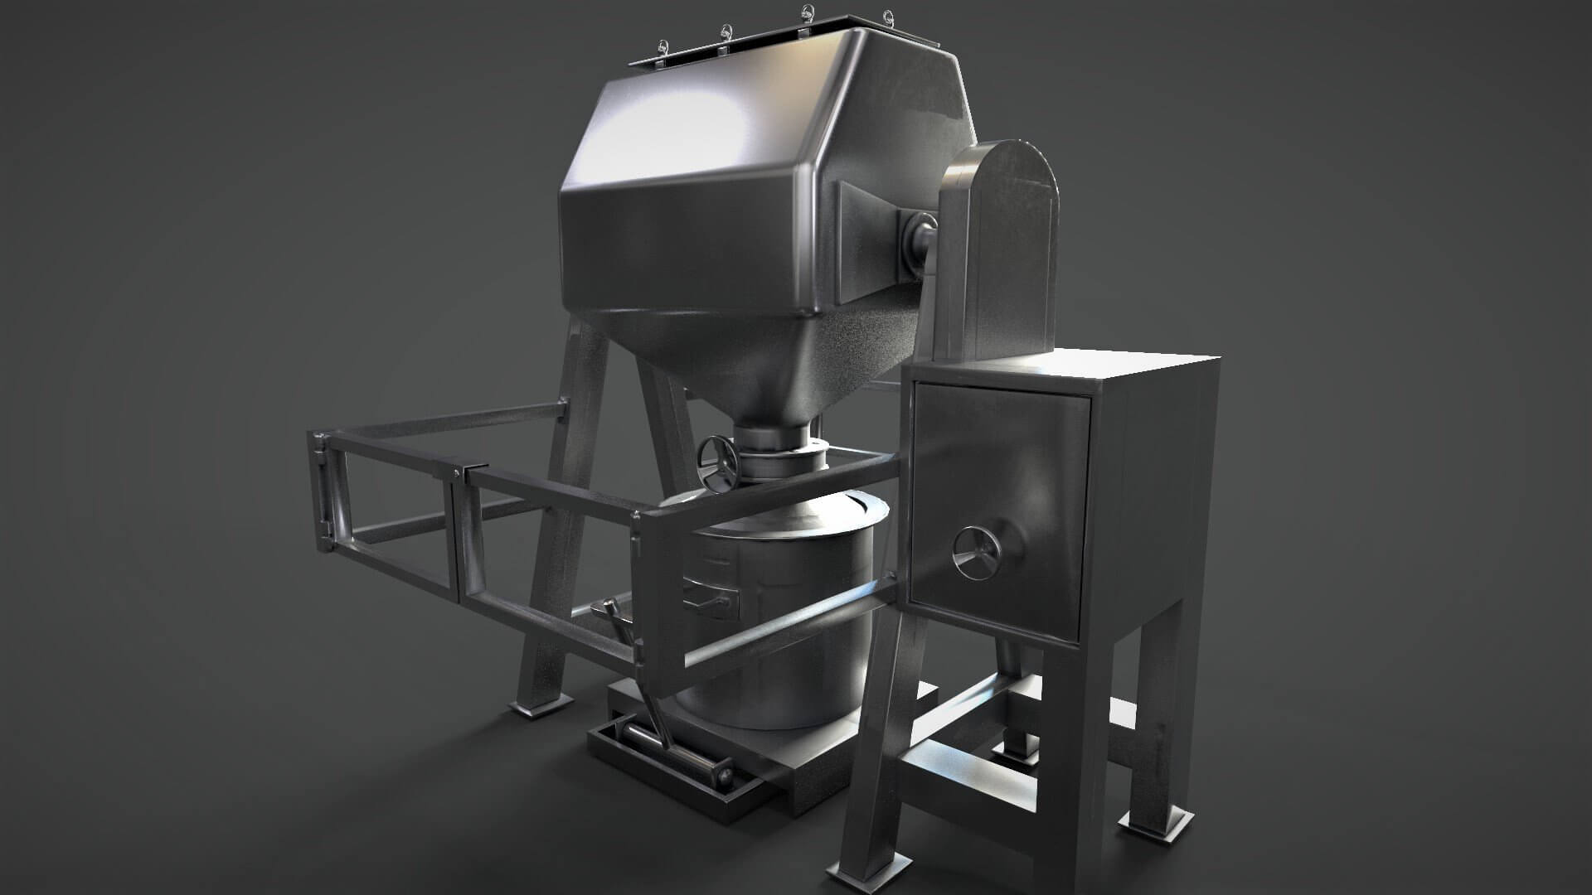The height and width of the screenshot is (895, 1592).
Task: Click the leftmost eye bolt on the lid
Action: tap(662, 46)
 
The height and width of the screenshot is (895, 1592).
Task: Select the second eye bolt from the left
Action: tap(727, 33)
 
